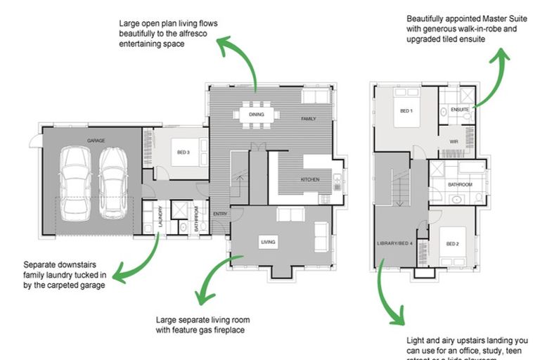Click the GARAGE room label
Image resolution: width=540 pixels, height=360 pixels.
click(96, 141)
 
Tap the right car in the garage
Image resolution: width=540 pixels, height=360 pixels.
click(112, 183)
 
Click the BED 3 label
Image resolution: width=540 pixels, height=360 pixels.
click(182, 152)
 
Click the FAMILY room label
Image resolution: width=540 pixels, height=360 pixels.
click(309, 119)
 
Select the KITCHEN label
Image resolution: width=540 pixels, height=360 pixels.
click(310, 180)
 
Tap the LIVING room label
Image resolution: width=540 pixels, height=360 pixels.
click(268, 243)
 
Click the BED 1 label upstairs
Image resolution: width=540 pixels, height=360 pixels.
click(406, 111)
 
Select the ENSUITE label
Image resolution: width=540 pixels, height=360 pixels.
click(460, 110)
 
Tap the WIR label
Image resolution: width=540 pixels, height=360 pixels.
click(454, 141)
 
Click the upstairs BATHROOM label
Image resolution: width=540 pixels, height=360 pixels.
click(461, 184)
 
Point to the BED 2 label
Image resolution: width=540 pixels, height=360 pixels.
click(453, 244)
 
